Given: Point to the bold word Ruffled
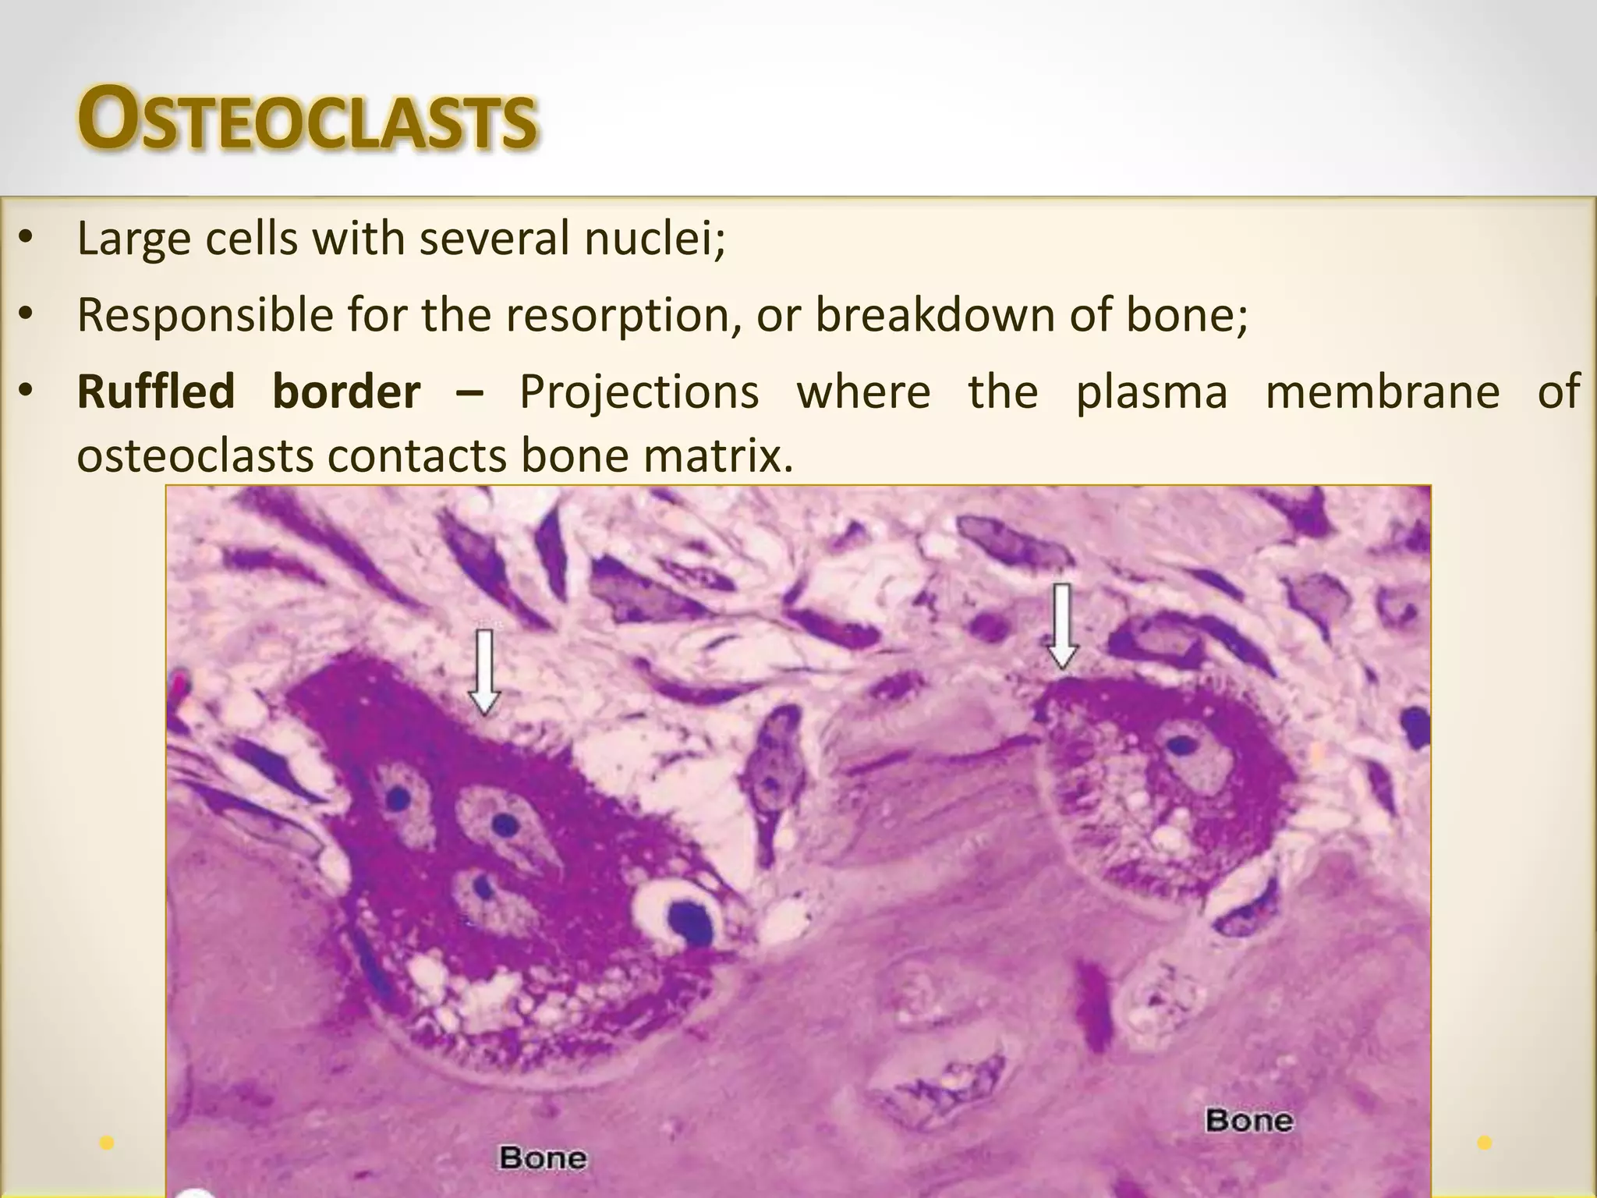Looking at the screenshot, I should (155, 391).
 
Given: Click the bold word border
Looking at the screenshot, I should (346, 391).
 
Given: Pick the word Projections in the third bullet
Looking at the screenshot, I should (639, 392).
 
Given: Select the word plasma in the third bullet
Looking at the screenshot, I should (1152, 392).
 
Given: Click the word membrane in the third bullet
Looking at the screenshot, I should (1382, 391).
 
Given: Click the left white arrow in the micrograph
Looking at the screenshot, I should (485, 672).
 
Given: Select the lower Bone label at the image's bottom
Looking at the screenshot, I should (543, 1157).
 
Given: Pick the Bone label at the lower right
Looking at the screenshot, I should (1249, 1121).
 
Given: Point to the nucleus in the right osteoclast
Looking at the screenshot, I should (1183, 746).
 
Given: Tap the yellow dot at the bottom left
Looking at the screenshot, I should (108, 1143).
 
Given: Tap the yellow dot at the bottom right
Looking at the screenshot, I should (1485, 1143).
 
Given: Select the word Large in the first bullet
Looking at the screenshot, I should (133, 239).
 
